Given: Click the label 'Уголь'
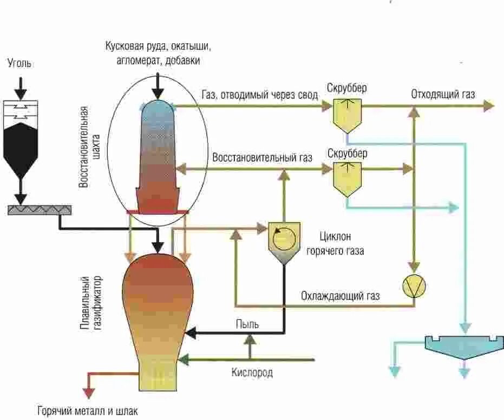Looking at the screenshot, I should pyautogui.click(x=19, y=64).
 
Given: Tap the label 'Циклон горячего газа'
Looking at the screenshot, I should pyautogui.click(x=336, y=244).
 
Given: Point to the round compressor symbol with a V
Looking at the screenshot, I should pyautogui.click(x=414, y=286).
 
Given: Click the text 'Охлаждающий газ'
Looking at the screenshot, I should pyautogui.click(x=341, y=296).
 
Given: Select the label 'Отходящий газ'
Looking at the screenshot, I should pyautogui.click(x=442, y=95).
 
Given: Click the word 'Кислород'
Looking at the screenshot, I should pyautogui.click(x=252, y=372).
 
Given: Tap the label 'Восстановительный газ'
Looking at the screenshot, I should pyautogui.click(x=263, y=158).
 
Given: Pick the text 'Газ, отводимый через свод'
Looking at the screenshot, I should pyautogui.click(x=259, y=95).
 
